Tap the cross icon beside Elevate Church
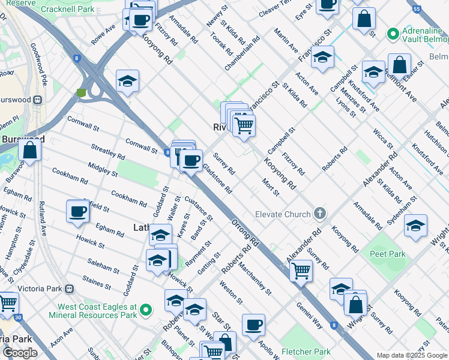pyautogui.click(x=321, y=214)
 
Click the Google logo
pyautogui.click(x=20, y=353)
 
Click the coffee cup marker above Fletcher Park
pyautogui.click(x=253, y=325)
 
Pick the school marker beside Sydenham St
pyautogui.click(x=415, y=226)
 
